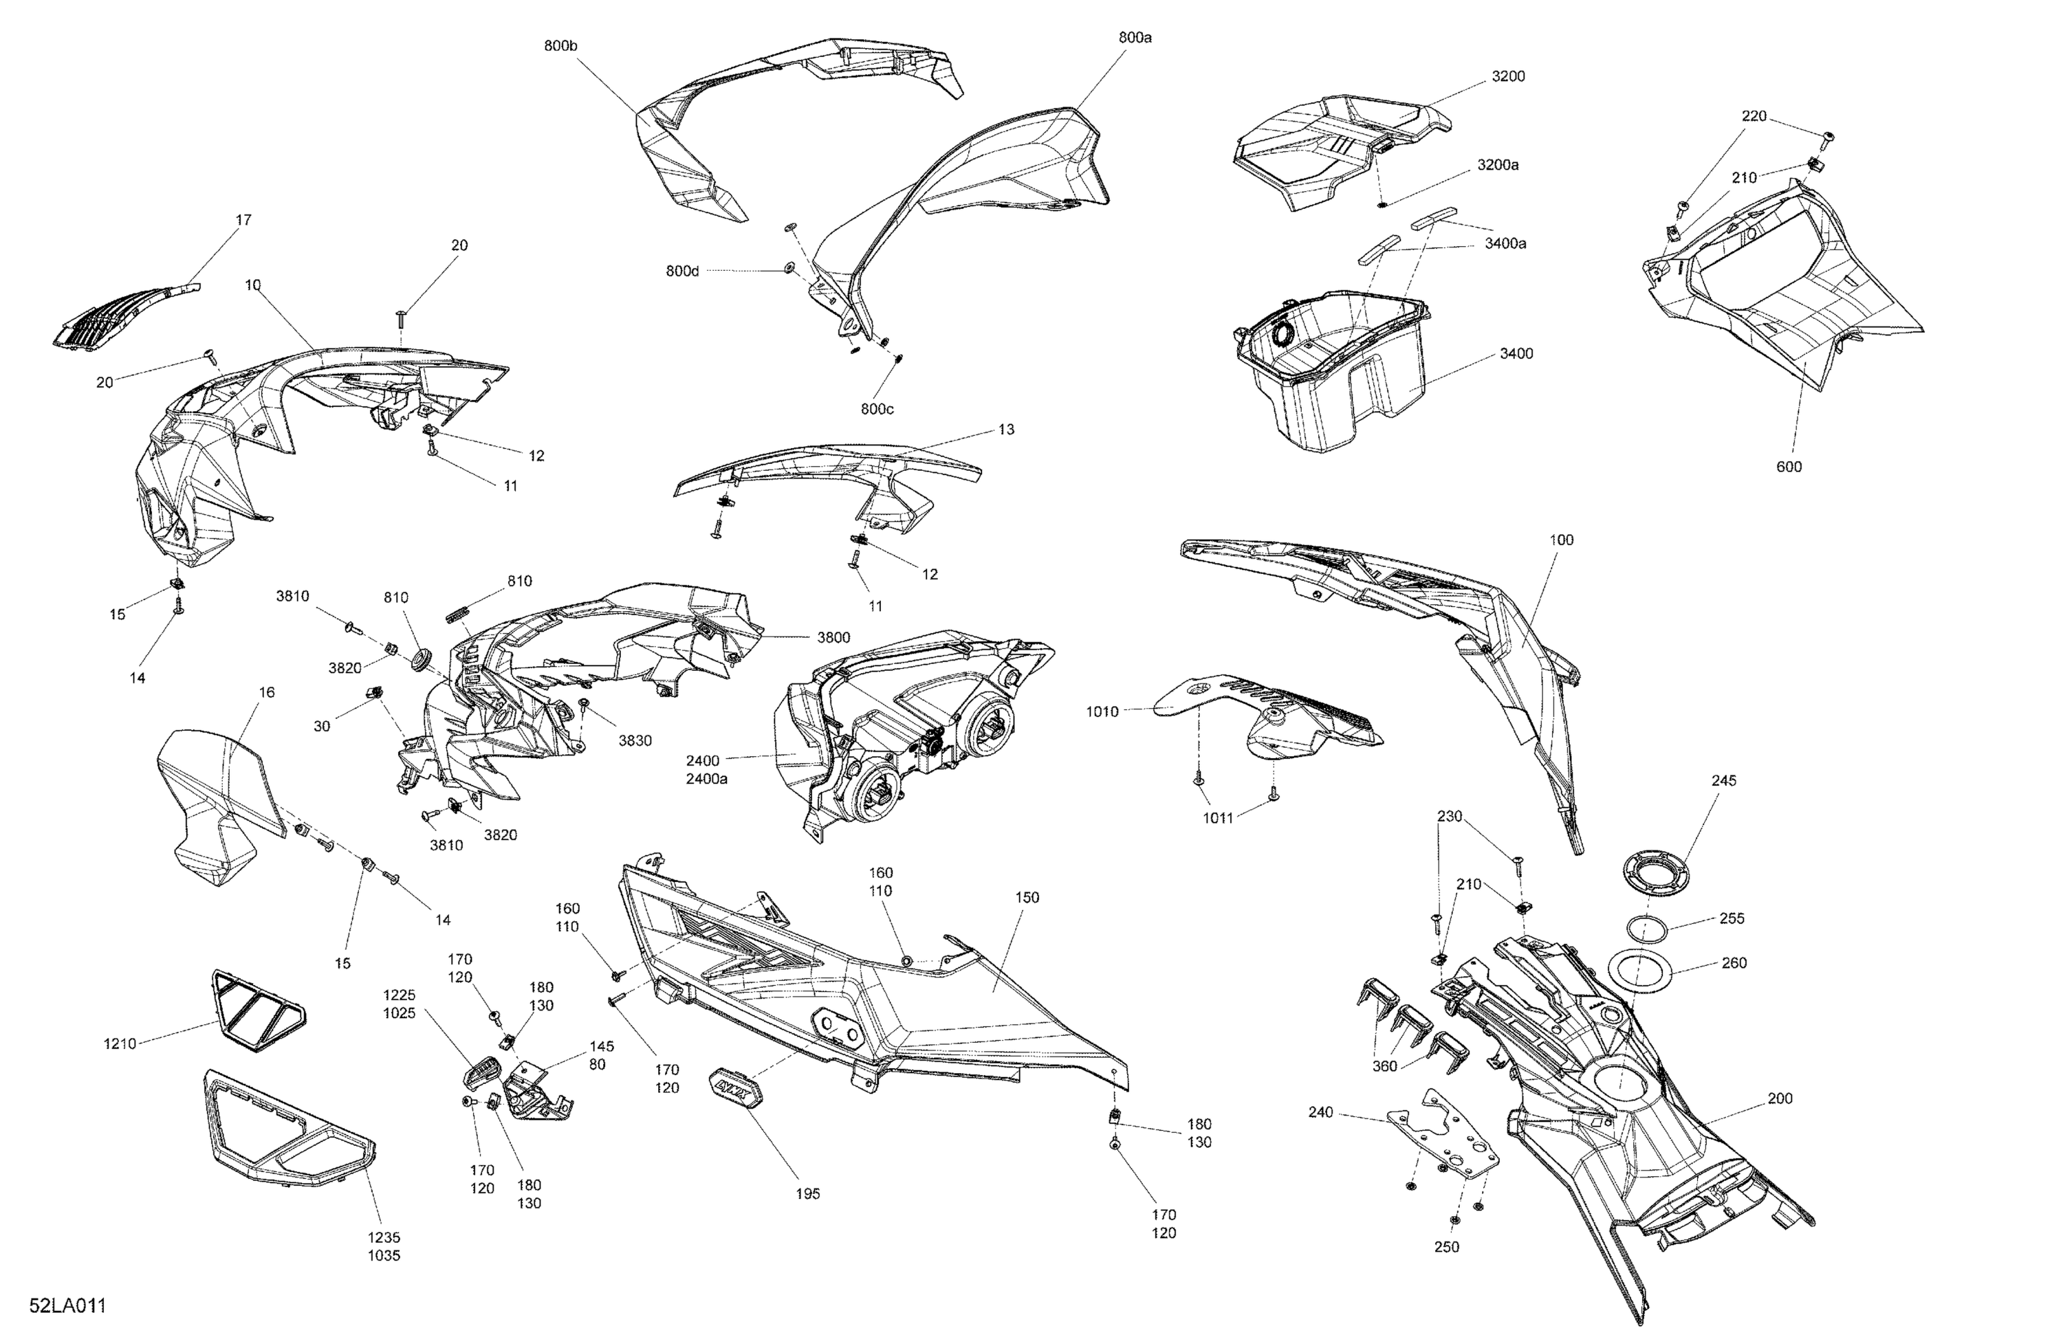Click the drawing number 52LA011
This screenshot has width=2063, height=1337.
pos(67,1306)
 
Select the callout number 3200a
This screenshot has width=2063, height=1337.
pos(1498,165)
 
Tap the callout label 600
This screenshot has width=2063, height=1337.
pos(1788,467)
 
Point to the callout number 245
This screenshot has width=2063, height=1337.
pos(1724,781)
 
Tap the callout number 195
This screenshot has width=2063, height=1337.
pos(807,1194)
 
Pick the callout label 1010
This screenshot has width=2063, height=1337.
pos(1102,712)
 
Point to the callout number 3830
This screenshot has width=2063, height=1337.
pos(635,741)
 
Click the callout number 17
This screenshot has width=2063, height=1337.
pos(243,220)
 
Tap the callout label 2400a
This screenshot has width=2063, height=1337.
pos(706,779)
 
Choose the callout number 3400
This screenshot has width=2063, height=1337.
pos(1516,353)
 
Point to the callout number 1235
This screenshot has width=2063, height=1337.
pos(384,1237)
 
